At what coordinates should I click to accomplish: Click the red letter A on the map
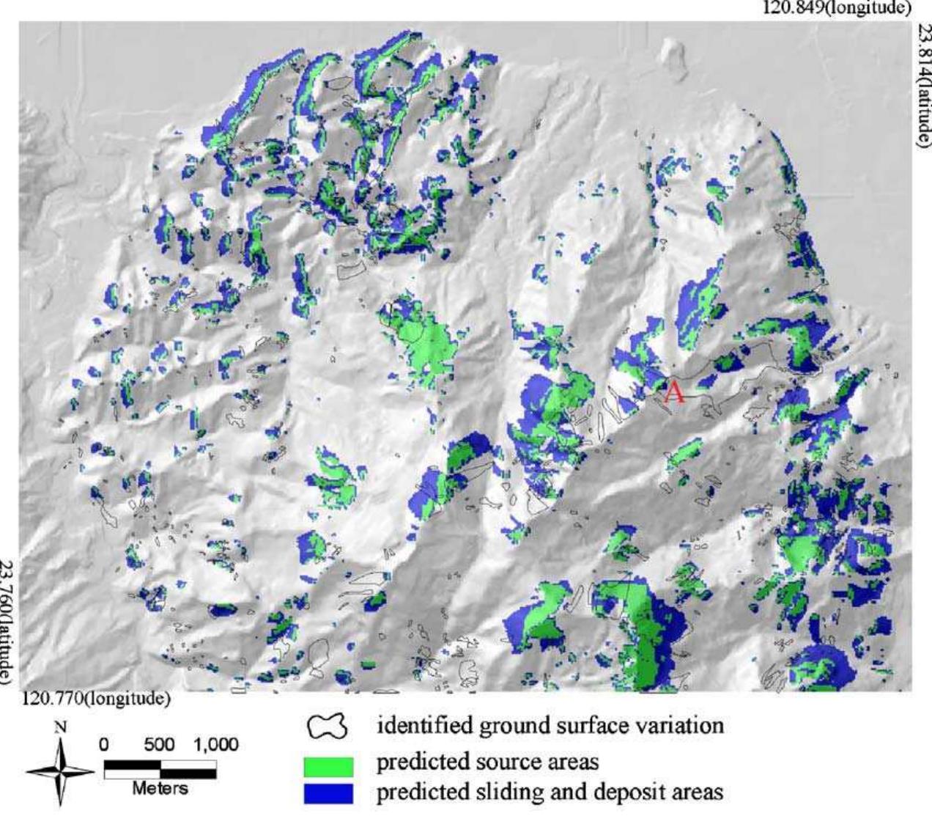click(x=674, y=394)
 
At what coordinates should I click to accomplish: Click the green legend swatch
click(x=328, y=767)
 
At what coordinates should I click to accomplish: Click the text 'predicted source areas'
click(x=487, y=762)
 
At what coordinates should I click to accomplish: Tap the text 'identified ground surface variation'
click(x=550, y=726)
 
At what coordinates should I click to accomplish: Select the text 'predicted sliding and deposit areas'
click(x=550, y=792)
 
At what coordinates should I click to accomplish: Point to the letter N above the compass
click(x=62, y=728)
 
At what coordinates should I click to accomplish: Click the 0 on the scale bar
click(x=105, y=746)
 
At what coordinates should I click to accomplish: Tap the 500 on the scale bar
click(x=159, y=746)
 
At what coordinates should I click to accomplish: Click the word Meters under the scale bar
click(x=160, y=789)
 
